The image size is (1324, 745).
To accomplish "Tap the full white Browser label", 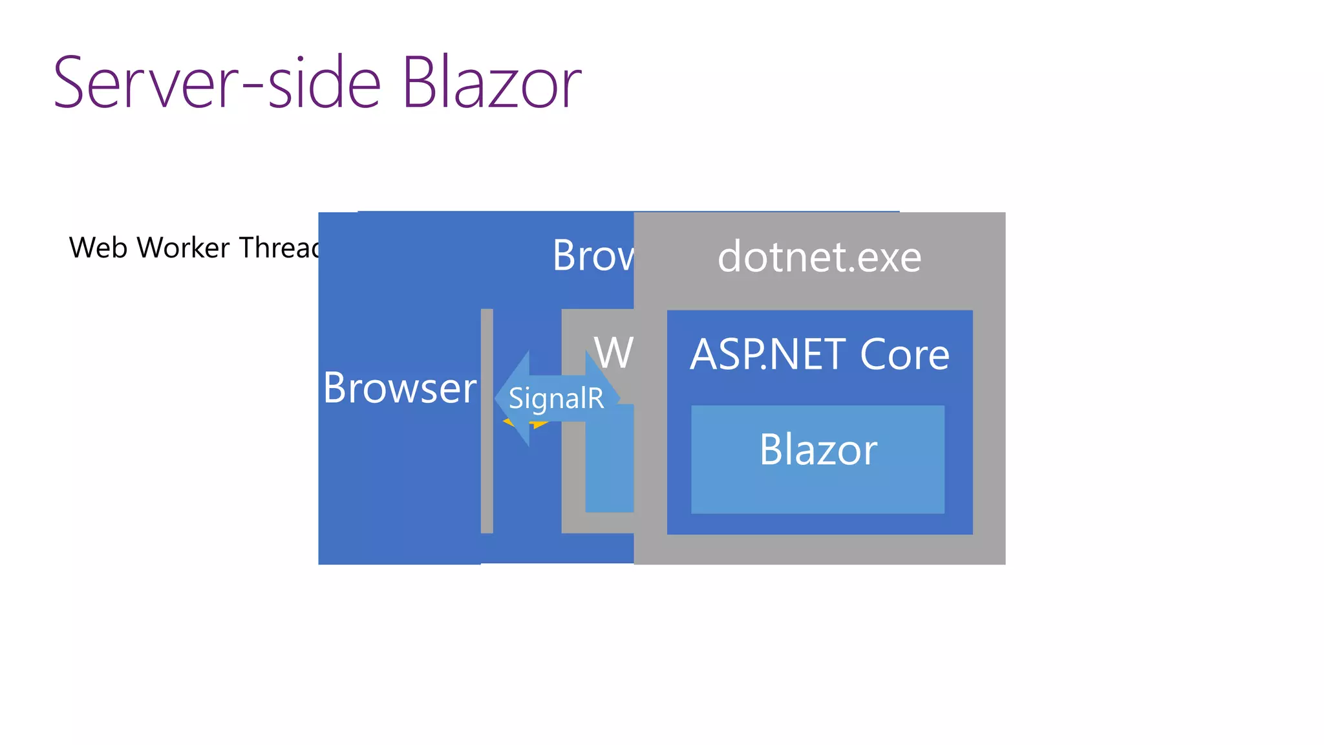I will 400,388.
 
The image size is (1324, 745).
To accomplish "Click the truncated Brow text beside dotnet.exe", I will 592,255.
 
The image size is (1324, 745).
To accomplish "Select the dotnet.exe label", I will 819,257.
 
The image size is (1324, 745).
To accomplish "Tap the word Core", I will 904,354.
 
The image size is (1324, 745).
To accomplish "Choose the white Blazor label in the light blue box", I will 818,449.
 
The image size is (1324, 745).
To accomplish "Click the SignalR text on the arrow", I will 556,398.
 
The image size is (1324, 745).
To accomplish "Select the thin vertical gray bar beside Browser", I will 487,420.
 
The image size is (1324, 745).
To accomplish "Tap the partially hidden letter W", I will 613,352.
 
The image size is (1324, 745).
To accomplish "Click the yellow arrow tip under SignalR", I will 540,425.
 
